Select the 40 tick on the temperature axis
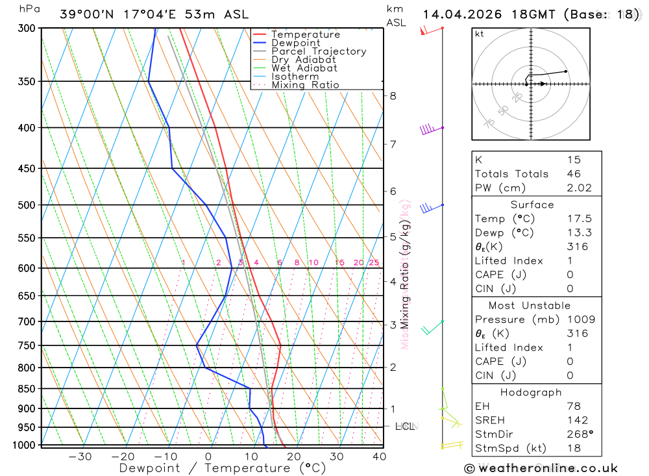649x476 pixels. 380,457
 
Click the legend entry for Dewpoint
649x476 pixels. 295,43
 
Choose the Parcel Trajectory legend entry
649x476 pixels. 318,51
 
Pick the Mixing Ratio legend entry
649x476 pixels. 305,85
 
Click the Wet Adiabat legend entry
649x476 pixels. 304,68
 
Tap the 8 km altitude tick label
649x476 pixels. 393,96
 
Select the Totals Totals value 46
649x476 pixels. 574,173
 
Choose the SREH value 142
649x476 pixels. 576,420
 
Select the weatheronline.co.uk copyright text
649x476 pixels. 541,468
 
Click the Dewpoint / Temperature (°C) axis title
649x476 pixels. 223,468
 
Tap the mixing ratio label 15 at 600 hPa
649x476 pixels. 339,262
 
